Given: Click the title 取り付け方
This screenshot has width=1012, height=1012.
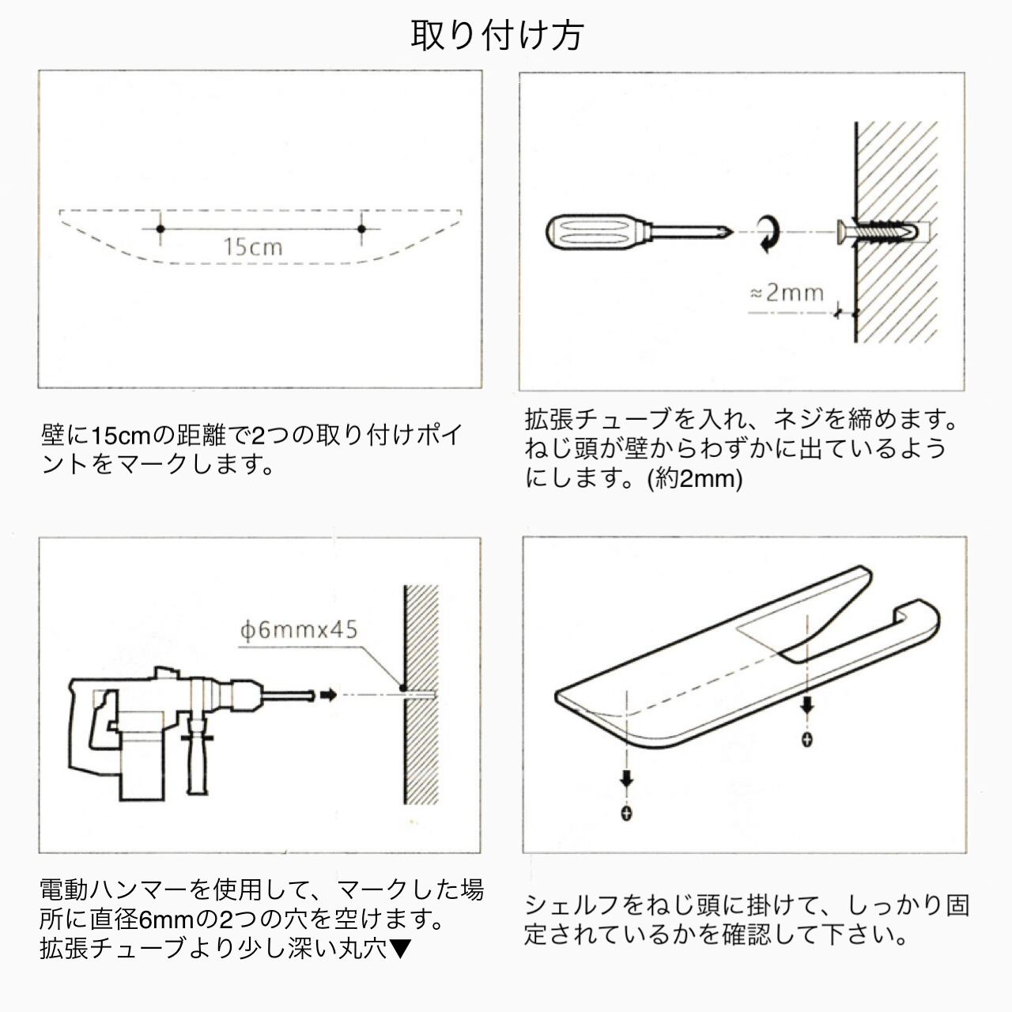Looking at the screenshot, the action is [497, 36].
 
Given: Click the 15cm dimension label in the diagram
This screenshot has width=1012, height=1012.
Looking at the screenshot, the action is [252, 247].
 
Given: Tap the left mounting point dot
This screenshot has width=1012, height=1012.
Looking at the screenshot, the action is [160, 229].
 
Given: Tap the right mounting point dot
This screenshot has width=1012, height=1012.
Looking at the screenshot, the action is [361, 229].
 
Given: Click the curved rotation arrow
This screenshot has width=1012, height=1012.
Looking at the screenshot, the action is [766, 234].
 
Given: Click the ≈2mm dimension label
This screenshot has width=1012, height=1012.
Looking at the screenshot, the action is [787, 293].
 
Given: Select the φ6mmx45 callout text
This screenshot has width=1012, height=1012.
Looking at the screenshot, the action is [299, 631].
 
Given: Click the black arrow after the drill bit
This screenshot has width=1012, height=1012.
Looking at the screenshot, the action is [328, 695].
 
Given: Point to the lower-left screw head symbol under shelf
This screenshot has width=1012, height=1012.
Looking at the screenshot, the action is [627, 813].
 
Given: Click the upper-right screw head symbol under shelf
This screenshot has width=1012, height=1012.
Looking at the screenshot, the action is [806, 740].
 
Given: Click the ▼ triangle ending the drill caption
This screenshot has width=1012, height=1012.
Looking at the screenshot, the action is [400, 948].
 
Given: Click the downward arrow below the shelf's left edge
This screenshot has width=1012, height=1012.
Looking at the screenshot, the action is [627, 780].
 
